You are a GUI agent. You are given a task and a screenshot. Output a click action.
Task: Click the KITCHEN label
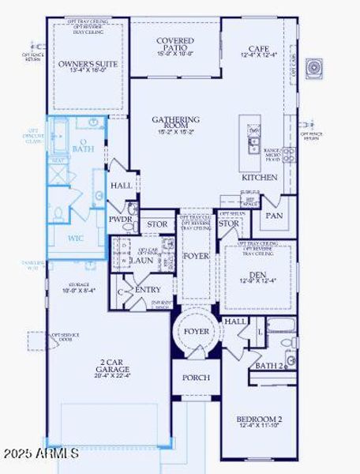(259, 178)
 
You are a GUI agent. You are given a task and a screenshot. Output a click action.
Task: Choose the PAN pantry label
(274, 215)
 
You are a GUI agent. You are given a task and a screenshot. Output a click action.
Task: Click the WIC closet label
(76, 238)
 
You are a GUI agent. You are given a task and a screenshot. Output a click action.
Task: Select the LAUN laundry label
(142, 259)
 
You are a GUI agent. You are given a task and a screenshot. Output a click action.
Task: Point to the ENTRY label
(148, 290)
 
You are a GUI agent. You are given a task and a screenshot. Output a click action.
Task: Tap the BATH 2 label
(268, 365)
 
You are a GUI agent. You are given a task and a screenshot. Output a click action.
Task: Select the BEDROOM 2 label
(259, 419)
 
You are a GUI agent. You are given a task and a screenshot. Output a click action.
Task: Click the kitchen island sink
(253, 143)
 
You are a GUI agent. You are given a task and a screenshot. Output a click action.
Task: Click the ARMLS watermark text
(40, 454)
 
